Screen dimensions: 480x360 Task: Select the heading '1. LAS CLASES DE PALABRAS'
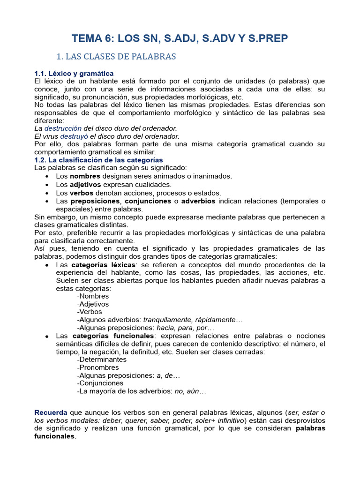[x=116, y=57]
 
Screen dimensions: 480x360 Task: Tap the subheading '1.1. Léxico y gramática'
[x=74, y=74]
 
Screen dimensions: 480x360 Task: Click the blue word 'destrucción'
[x=63, y=128]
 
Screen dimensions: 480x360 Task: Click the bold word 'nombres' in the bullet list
[x=85, y=176]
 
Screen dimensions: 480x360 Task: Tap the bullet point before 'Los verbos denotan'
[x=48, y=193]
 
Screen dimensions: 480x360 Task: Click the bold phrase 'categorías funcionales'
[x=112, y=336]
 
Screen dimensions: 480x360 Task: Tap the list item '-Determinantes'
[x=102, y=360]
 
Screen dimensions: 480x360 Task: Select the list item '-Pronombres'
[x=98, y=367]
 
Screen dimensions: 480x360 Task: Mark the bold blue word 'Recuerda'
[x=51, y=412]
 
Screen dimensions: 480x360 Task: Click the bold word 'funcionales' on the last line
[x=54, y=436]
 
